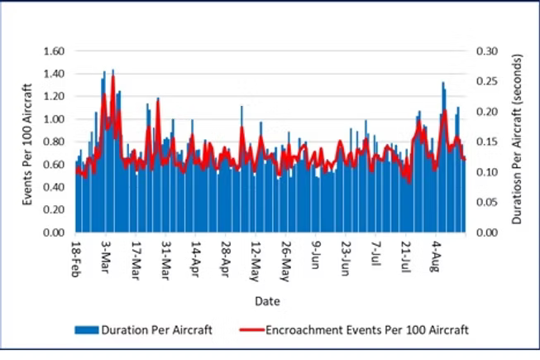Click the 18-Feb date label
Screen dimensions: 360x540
coord(76,259)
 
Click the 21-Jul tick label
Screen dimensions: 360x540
coord(406,257)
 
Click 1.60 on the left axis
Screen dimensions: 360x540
coord(52,51)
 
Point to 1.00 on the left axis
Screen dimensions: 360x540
coord(52,119)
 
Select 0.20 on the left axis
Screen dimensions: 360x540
coord(52,210)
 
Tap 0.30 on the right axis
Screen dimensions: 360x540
coord(487,51)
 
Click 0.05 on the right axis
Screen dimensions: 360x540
coord(487,203)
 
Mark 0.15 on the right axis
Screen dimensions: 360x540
coord(487,142)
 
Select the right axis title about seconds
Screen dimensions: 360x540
coord(516,142)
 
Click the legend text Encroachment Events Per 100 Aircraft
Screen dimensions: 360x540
coord(367,330)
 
